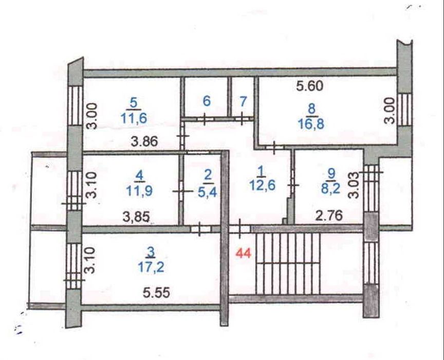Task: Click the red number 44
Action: [244, 254]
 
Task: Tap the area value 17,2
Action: [151, 267]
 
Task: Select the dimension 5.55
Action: [157, 293]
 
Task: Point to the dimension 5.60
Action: [309, 86]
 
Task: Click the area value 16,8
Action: [311, 124]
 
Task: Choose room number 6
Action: [207, 101]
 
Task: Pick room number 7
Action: [243, 101]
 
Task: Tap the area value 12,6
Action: [262, 186]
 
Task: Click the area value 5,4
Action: [208, 192]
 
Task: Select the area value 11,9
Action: [139, 191]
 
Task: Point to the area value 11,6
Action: [134, 118]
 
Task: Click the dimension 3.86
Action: [145, 141]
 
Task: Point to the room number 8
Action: [312, 109]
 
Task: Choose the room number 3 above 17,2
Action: [151, 251]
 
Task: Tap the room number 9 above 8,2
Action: [331, 173]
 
